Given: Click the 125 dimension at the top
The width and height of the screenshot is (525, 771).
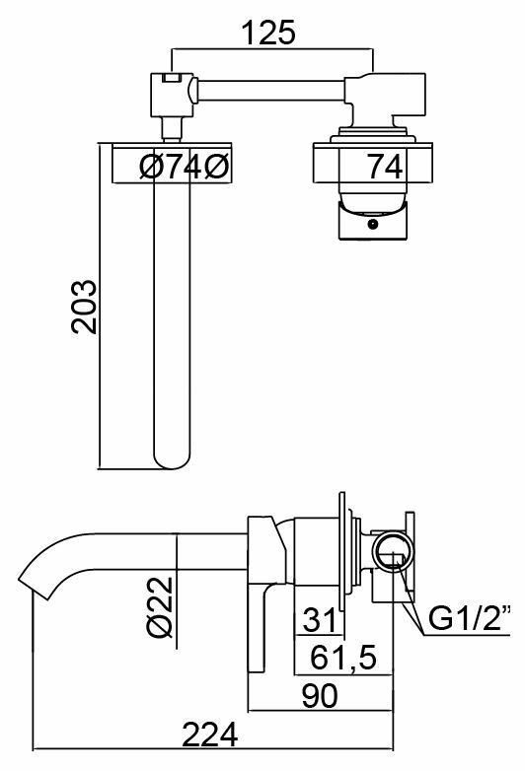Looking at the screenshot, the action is pos(268,33).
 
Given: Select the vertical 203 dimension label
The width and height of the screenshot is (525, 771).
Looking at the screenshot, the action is pos(84,307).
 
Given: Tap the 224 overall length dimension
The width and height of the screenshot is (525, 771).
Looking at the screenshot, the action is pos(210,735).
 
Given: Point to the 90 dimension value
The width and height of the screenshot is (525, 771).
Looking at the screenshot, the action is pos(320,695).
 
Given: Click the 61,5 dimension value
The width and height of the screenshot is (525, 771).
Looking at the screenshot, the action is pos(343,657).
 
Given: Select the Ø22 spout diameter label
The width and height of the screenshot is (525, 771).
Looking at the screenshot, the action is pos(161,607).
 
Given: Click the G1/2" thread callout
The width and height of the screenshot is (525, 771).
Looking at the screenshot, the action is pos(469,618).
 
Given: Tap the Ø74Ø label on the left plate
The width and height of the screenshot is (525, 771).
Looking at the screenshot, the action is pos(184,168).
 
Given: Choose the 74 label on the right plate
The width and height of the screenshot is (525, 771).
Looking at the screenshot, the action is pos(385,167).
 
